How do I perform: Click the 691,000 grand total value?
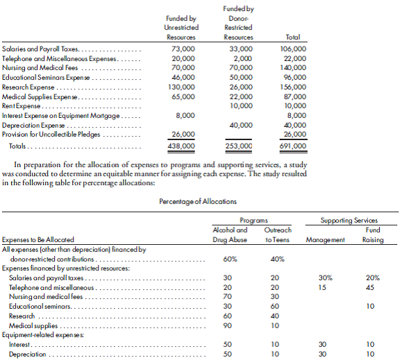tap(292, 146)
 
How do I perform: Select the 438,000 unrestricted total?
tap(181, 146)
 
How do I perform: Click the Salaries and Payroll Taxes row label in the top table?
tap(41, 50)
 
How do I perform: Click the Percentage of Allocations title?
tap(200, 201)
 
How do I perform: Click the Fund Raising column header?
tap(373, 234)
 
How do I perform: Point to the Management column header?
tap(325, 239)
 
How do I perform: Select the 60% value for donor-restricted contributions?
tap(229, 259)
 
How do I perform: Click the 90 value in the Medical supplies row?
tap(227, 325)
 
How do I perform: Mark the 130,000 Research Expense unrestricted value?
tap(181, 87)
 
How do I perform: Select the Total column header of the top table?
tap(292, 37)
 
